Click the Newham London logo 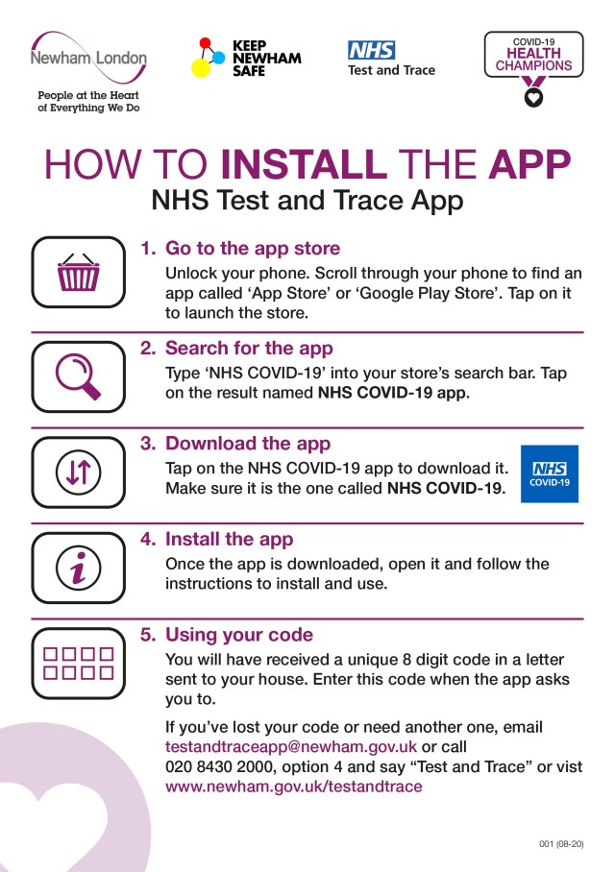click(x=88, y=58)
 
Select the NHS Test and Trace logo click(x=391, y=59)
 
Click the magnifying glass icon click(x=79, y=375)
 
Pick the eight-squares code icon click(x=79, y=664)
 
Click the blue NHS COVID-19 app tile click(x=550, y=473)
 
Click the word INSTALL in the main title click(x=304, y=165)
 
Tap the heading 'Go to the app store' click(x=252, y=249)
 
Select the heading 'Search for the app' click(x=249, y=348)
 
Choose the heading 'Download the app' click(x=248, y=444)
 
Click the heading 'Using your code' click(x=239, y=635)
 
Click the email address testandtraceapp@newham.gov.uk click(x=291, y=746)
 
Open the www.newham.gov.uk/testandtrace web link click(x=293, y=787)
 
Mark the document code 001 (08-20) click(x=561, y=843)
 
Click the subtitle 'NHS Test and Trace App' click(x=307, y=203)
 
